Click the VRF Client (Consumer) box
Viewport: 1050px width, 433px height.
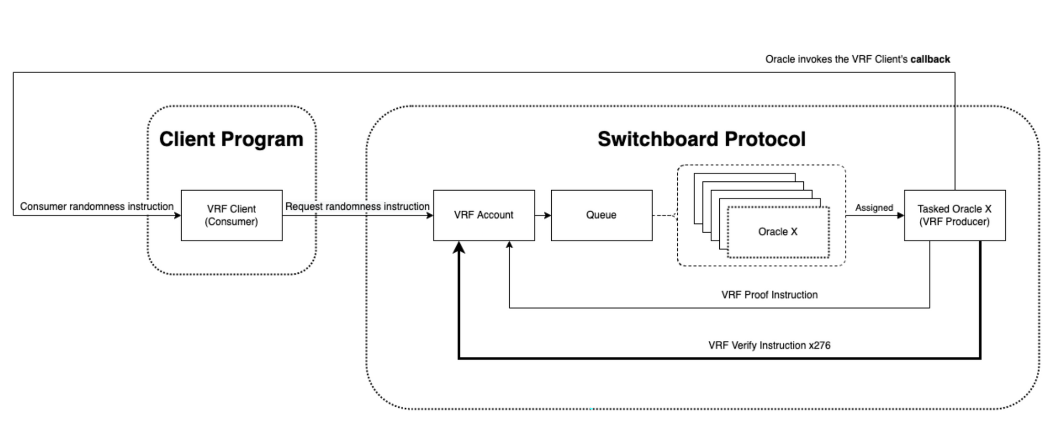coord(232,215)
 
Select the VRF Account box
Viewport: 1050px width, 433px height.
coord(484,215)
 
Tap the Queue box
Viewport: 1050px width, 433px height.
coord(602,215)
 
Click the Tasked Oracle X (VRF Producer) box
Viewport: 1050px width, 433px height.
coord(954,215)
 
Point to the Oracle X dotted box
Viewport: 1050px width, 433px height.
coord(778,232)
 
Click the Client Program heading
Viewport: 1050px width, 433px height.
coord(232,139)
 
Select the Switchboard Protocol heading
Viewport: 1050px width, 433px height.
coord(701,139)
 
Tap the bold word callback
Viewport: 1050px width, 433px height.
coord(930,59)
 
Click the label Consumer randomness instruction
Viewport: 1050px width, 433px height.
coord(97,207)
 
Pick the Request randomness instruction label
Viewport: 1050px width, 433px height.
coord(357,207)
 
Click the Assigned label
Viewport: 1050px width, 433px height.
coord(874,208)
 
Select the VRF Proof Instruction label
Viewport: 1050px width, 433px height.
coord(769,295)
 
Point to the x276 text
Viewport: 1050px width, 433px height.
coord(820,345)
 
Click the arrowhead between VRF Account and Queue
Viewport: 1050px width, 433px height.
coord(548,215)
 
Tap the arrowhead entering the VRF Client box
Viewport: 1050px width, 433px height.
coord(177,215)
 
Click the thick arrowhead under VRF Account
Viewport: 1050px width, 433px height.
coord(459,248)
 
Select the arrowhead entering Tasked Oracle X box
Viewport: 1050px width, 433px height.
coord(900,215)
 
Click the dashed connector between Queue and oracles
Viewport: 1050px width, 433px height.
coord(664,215)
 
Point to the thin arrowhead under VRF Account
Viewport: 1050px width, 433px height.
coord(509,245)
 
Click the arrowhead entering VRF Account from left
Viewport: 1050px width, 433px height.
coord(429,215)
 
